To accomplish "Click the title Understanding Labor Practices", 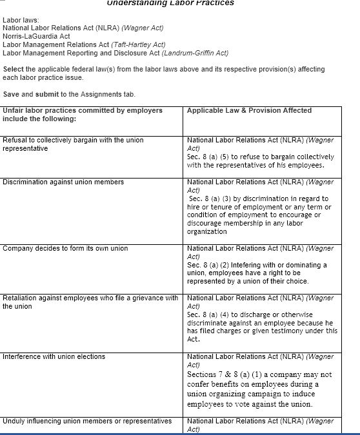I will tap(170, 3).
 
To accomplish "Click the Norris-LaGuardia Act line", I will tap(37, 37).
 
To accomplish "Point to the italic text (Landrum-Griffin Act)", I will tap(194, 53).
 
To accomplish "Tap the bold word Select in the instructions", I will tap(14, 69).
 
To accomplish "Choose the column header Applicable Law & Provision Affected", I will tap(249, 111).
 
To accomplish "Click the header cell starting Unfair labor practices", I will tap(83, 115).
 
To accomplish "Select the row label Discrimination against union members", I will tap(63, 182).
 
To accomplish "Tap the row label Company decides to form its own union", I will tap(65, 249).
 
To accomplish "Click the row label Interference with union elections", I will tap(54, 356).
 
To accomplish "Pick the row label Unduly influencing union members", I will tap(87, 421).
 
